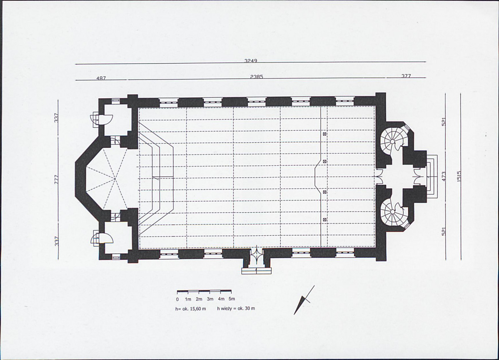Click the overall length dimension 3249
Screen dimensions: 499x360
pyautogui.click(x=250, y=60)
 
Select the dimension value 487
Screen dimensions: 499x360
pyautogui.click(x=101, y=78)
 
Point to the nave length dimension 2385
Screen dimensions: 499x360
pyautogui.click(x=257, y=77)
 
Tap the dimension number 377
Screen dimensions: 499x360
pyautogui.click(x=406, y=76)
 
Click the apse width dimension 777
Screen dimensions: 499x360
pyautogui.click(x=56, y=179)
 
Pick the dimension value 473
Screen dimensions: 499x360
pyautogui.click(x=444, y=176)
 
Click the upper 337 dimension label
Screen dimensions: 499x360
pyautogui.click(x=56, y=118)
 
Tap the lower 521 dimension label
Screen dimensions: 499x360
pyautogui.click(x=444, y=231)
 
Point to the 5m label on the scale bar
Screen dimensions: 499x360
pyautogui.click(x=232, y=299)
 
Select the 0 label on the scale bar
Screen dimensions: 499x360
pyautogui.click(x=177, y=299)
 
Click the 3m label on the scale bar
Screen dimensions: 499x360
pyautogui.click(x=210, y=299)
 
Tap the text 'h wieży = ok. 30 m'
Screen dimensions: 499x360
pyautogui.click(x=236, y=308)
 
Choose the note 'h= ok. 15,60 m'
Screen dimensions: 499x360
pyautogui.click(x=191, y=308)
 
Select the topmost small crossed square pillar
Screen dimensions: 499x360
pyautogui.click(x=324, y=134)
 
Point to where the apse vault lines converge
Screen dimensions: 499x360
pyautogui.click(x=115, y=179)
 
